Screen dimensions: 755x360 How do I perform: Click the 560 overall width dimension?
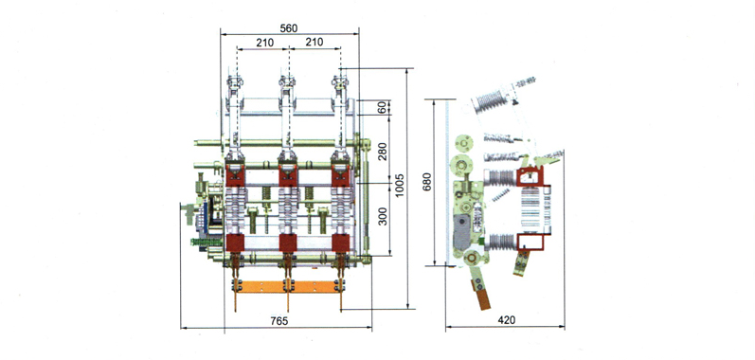[289, 28]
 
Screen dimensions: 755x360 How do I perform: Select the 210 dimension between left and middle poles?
[265, 43]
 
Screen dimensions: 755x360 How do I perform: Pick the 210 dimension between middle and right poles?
[315, 43]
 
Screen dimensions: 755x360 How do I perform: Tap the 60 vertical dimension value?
[383, 107]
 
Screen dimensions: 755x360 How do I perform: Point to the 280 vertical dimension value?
[383, 152]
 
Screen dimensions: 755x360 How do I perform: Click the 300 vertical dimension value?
[383, 216]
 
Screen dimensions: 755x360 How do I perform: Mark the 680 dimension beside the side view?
[427, 182]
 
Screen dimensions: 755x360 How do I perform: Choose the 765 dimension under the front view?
[279, 320]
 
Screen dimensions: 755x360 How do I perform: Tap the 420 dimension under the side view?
[507, 320]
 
